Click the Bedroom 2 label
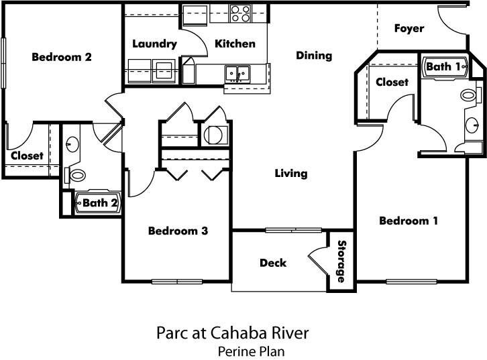(x=62, y=57)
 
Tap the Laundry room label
(x=154, y=44)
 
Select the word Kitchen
(x=235, y=44)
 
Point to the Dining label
(x=314, y=56)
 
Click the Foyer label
(x=409, y=28)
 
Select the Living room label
(x=291, y=174)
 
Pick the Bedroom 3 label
(x=178, y=231)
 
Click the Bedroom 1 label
(x=409, y=221)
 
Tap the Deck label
(x=273, y=263)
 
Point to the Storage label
(x=341, y=261)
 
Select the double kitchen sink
(x=237, y=72)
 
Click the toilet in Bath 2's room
(x=77, y=176)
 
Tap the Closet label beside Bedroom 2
(x=27, y=156)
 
